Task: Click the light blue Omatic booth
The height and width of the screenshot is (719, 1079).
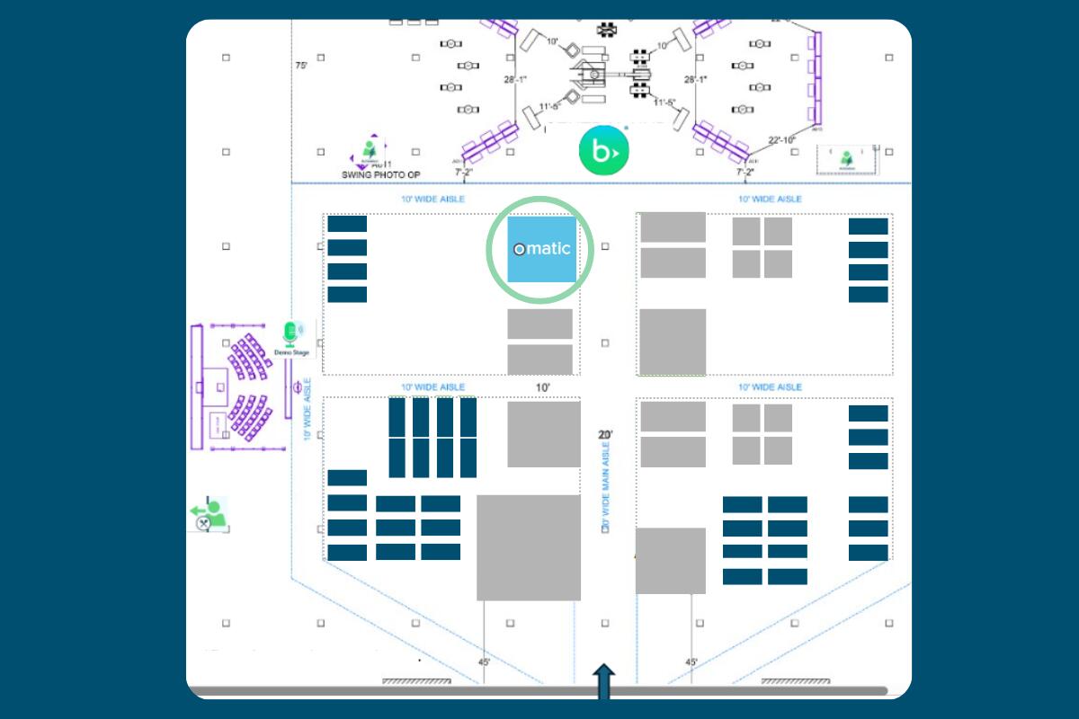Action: tap(541, 249)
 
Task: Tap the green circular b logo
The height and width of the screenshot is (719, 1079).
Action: tap(602, 151)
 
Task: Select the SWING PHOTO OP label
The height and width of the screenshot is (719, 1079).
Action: tap(381, 174)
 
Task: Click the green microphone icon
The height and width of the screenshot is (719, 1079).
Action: tap(290, 333)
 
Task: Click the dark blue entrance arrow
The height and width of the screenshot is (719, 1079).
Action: tap(603, 680)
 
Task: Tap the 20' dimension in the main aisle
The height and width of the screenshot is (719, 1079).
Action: tap(605, 435)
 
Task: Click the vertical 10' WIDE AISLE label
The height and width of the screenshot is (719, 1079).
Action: tap(308, 409)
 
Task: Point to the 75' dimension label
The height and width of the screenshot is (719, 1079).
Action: tap(302, 66)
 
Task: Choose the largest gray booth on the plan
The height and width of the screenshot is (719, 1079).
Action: tap(528, 546)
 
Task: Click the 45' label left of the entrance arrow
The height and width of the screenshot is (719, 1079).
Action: tap(485, 662)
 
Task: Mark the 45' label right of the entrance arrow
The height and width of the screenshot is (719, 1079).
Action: tap(691, 662)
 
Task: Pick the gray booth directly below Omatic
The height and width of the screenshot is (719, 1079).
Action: tap(539, 324)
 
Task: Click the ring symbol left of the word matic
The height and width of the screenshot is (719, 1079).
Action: tap(519, 249)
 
